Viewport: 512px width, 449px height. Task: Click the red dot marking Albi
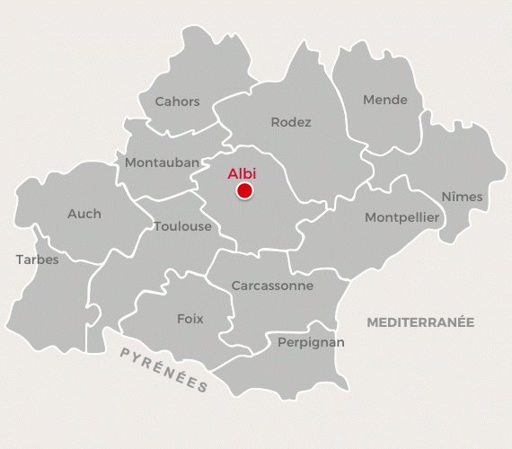243,190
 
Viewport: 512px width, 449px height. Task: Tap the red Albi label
243,173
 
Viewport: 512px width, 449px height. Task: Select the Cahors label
177,101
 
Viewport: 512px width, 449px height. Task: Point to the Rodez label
291,122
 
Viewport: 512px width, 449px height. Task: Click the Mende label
384,100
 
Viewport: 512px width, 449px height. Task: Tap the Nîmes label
462,197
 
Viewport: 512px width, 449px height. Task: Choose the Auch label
84,214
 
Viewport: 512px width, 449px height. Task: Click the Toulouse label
182,226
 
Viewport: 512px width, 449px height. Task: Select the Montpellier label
402,217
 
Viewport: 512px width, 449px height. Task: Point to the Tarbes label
37,260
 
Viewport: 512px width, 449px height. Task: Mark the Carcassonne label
272,286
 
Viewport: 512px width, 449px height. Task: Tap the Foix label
190,319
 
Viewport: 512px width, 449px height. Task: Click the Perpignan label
311,342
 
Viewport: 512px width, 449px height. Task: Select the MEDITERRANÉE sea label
420,321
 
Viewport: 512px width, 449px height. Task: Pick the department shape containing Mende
377,126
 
